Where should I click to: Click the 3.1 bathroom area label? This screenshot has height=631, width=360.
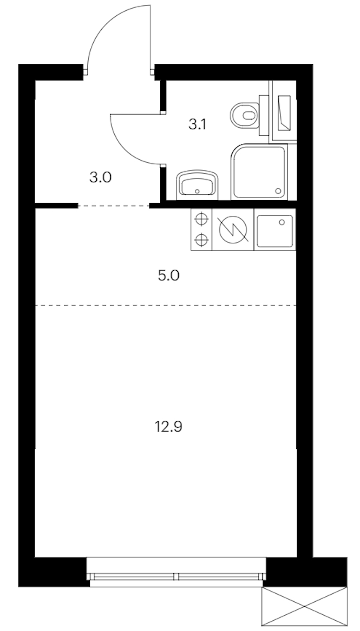[198, 124]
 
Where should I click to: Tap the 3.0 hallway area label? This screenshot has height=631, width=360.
[100, 178]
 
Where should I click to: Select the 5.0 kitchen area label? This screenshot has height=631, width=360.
[169, 275]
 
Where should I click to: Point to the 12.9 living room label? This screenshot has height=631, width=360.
[169, 426]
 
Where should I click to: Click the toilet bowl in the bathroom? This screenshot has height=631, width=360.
[244, 116]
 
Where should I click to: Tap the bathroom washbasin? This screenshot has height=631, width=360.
[198, 185]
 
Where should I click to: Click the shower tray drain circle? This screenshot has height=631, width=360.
[278, 191]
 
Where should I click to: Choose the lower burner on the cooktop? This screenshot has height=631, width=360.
[202, 240]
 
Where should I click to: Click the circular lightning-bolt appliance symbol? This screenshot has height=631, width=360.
[233, 229]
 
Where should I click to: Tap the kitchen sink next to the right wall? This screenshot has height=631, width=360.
[274, 229]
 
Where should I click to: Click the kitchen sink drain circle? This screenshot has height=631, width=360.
[282, 223]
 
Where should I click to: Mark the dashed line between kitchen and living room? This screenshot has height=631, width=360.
[166, 305]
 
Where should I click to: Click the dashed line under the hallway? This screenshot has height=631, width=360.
[113, 206]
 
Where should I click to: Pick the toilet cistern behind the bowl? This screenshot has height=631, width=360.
[264, 115]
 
